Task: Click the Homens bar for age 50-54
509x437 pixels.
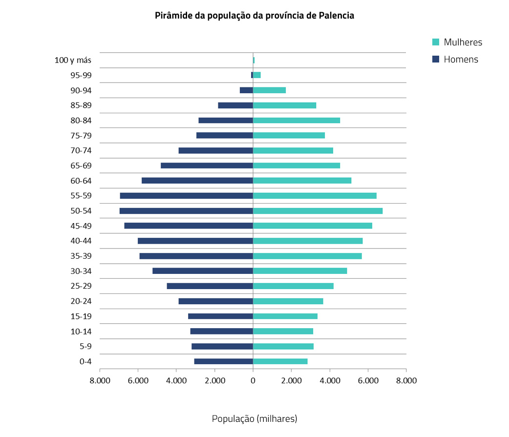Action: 186,211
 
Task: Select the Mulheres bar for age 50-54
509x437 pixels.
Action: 318,211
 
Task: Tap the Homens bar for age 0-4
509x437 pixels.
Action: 223,361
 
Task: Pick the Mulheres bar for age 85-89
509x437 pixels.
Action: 284,105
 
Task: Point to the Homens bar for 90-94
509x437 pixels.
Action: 246,90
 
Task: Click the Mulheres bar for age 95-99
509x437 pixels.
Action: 257,75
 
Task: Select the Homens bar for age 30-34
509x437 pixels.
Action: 203,271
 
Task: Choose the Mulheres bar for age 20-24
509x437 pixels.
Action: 288,301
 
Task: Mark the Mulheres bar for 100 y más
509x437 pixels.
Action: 254,60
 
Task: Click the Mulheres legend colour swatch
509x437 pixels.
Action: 436,42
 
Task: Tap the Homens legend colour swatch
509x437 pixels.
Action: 436,60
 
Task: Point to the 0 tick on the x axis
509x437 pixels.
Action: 253,381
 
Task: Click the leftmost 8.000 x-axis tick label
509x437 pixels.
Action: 100,381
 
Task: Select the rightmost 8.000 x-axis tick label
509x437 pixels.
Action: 406,381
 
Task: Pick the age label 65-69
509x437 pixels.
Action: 81,166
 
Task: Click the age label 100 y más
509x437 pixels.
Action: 73,61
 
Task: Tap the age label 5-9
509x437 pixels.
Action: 85,347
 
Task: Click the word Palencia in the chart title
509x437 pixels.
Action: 336,16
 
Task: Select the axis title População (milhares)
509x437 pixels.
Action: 254,418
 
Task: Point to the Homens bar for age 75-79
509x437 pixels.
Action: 225,135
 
